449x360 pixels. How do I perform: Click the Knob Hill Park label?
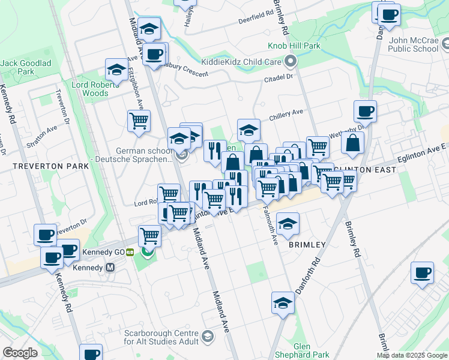pos(295,46)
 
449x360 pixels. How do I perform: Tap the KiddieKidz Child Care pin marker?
pos(291,61)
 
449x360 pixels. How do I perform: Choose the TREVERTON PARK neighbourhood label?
pos(41,165)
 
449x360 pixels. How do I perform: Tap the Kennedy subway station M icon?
pos(110,268)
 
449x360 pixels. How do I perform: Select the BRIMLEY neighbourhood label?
pos(307,245)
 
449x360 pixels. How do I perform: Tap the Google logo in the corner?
pos(20,352)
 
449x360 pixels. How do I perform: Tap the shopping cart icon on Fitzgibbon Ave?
pos(139,121)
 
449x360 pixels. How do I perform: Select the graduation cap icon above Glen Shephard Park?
pos(283,303)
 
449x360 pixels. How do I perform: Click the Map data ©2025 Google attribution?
pos(412,355)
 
